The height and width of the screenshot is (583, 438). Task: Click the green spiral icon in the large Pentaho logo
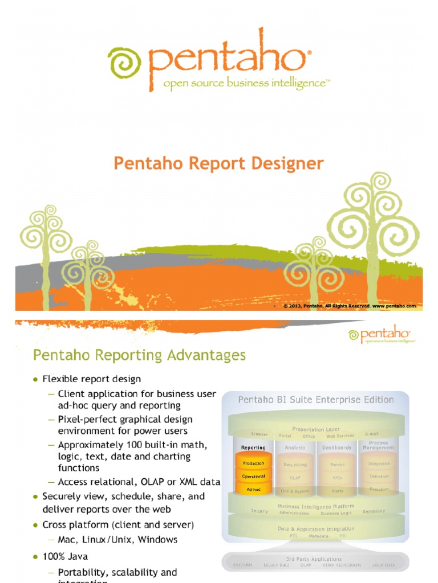[x=124, y=63]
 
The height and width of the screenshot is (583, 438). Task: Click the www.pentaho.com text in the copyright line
[x=395, y=306]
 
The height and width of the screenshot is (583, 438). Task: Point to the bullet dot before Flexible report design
[x=35, y=379]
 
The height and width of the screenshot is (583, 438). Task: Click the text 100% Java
[x=65, y=556]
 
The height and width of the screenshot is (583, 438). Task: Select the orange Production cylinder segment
[x=253, y=463]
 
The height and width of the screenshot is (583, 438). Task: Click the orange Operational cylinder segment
[x=253, y=477]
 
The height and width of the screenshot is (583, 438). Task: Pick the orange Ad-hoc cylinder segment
[x=253, y=489]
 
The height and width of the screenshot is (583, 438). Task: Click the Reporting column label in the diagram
[x=253, y=448]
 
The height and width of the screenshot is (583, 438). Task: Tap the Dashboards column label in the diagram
[x=336, y=448]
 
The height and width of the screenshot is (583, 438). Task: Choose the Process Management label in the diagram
[x=378, y=445]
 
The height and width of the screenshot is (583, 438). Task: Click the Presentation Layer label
[x=315, y=429]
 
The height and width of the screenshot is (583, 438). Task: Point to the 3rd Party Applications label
[x=315, y=559]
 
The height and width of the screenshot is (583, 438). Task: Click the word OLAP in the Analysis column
[x=295, y=478]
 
